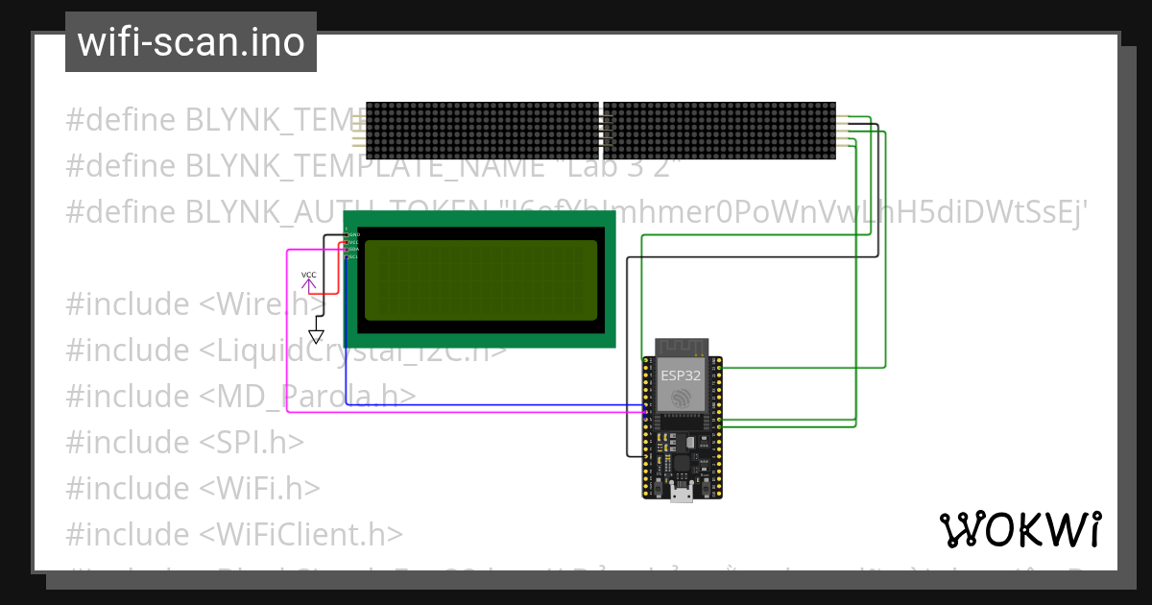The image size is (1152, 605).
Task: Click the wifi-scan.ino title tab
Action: [191, 42]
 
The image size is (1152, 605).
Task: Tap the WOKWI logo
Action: [1020, 530]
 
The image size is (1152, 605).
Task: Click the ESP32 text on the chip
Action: [682, 375]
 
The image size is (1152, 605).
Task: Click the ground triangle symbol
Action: [316, 336]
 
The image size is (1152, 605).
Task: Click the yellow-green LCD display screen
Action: [481, 279]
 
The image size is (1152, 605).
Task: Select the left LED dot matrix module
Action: [482, 131]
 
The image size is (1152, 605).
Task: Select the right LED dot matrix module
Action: [719, 131]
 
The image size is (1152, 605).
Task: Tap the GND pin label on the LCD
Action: [353, 234]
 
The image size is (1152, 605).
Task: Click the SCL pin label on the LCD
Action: [353, 256]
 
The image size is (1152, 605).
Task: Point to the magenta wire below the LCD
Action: [461, 413]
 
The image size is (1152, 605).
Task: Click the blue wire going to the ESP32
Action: [480, 404]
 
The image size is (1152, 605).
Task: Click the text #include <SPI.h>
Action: [184, 442]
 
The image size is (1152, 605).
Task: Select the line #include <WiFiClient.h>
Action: [234, 534]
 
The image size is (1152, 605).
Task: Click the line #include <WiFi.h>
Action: [192, 488]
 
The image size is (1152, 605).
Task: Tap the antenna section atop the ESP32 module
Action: [682, 347]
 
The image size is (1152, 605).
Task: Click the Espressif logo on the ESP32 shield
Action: [682, 398]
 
